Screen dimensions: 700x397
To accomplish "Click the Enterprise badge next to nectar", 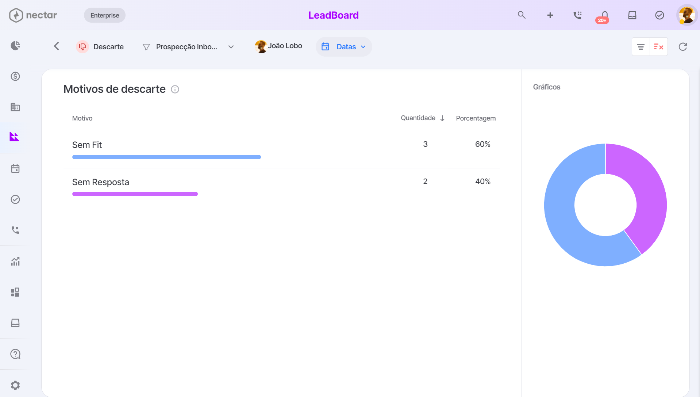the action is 105,15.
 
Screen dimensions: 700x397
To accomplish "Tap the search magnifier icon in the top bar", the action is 522,15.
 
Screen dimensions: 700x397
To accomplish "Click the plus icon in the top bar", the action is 550,15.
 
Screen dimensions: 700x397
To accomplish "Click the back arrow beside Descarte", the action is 57,46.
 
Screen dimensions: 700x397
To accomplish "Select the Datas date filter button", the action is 344,47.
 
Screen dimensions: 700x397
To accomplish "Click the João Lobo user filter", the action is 278,46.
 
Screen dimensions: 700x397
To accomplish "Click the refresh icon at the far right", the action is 683,47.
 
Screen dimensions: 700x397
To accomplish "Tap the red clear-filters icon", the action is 659,47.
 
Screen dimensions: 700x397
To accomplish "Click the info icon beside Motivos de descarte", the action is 175,89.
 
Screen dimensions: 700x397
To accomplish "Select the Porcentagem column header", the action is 476,118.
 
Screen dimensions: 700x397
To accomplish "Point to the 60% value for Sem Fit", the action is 482,144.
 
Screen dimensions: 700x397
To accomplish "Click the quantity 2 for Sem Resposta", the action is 425,182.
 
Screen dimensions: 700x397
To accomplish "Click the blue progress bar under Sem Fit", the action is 166,157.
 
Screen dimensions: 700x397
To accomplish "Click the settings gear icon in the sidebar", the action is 15,385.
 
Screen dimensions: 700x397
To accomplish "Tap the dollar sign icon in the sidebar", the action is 15,76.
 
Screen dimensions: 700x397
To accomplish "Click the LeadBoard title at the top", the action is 334,15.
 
